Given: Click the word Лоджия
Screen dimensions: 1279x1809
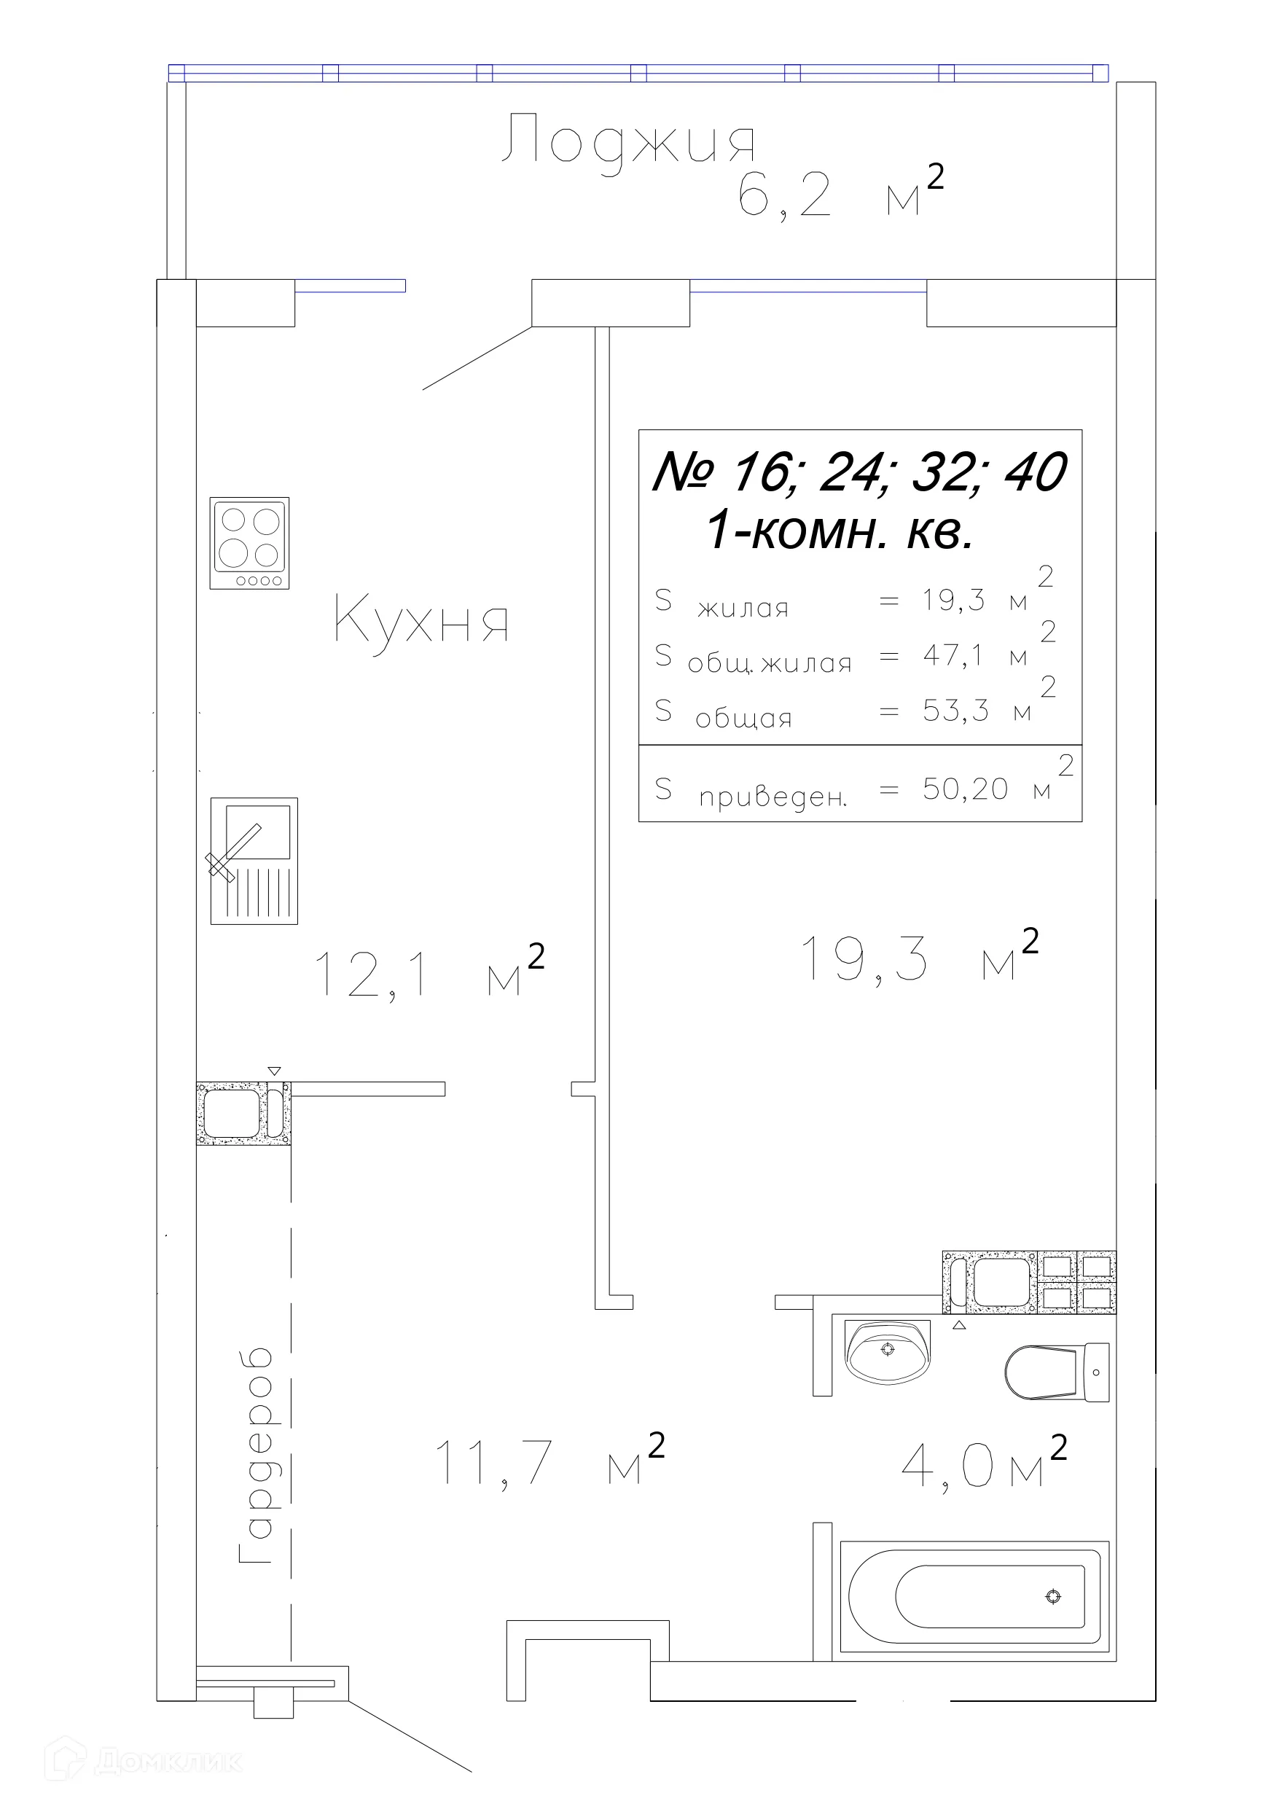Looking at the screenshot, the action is tap(628, 143).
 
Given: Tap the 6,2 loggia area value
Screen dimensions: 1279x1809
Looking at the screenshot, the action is tap(785, 195).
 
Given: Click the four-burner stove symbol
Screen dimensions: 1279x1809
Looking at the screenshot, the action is tap(249, 543).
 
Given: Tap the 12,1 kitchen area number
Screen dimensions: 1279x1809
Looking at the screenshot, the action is tap(372, 975).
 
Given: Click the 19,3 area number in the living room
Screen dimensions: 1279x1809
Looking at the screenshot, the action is tap(864, 959).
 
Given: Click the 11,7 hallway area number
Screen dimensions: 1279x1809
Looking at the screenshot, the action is tap(493, 1463).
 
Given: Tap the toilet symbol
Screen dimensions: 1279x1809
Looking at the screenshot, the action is tap(1057, 1372).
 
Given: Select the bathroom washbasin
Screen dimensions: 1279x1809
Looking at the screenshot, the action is tap(888, 1351).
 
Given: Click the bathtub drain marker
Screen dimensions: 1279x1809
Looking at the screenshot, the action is tap(1053, 1597).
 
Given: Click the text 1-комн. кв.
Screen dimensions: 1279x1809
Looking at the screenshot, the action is tap(840, 531).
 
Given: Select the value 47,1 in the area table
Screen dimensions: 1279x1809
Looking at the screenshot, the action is tap(953, 655).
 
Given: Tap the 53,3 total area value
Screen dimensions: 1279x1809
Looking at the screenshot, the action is tap(956, 710).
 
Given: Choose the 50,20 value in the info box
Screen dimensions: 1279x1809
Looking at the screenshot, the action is tap(966, 789).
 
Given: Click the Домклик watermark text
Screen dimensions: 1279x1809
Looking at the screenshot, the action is tap(169, 1762).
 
